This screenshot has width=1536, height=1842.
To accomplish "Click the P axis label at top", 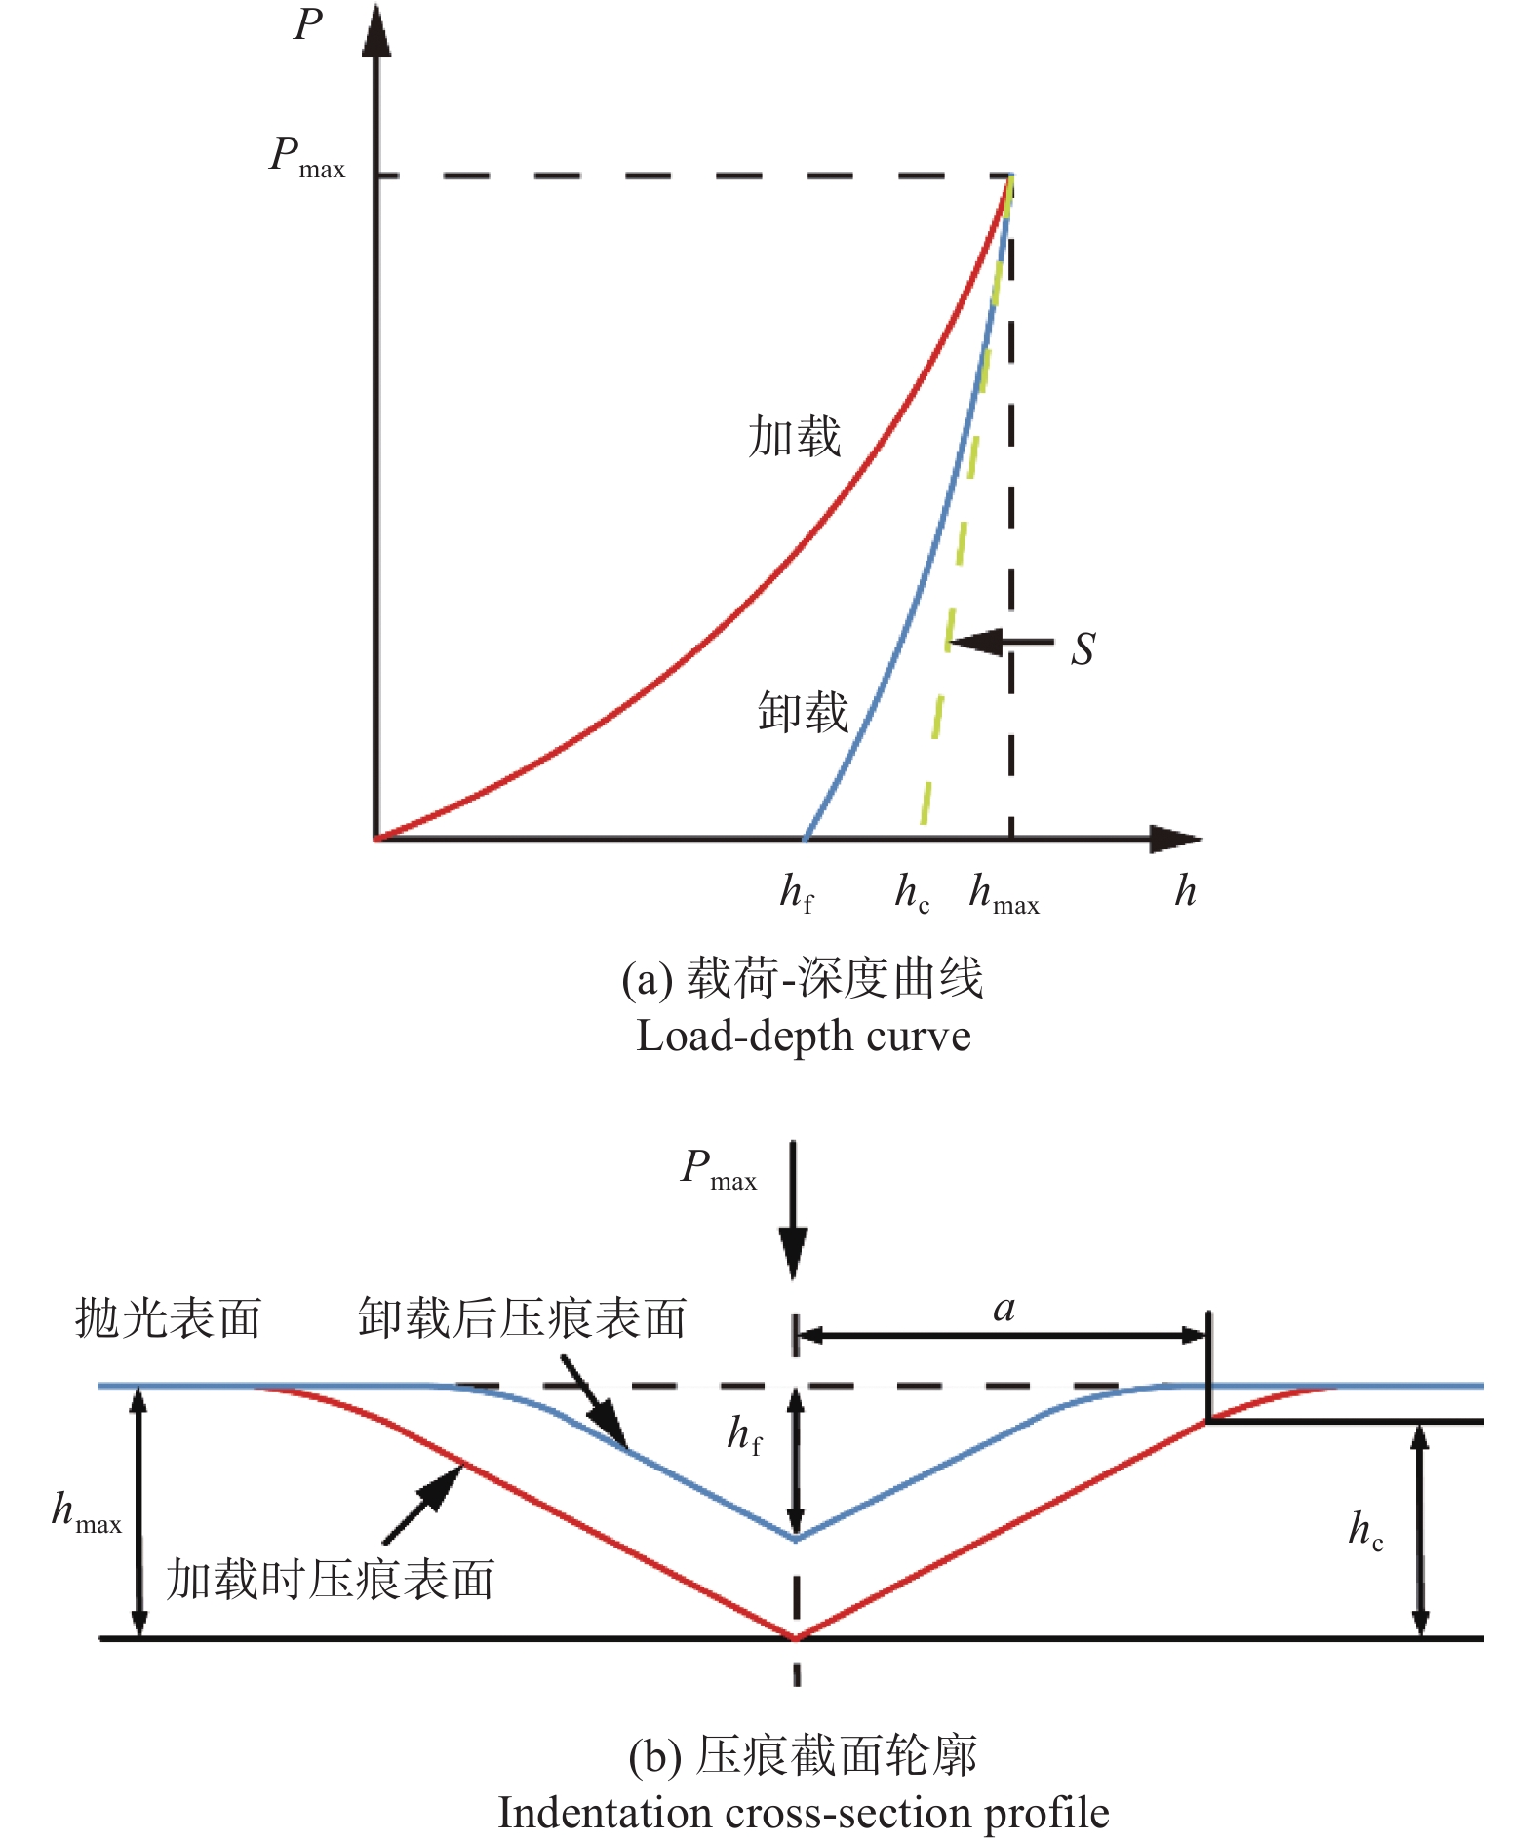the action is tap(308, 24).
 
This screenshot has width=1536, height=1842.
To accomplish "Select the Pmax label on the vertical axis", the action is tap(307, 157).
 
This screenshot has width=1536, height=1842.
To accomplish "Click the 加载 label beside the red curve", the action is tap(795, 436).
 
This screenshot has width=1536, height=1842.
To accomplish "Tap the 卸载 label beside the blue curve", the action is tap(804, 712).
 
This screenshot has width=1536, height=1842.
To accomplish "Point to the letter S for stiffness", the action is tap(1083, 648).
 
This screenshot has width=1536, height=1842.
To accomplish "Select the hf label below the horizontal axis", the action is tap(797, 892).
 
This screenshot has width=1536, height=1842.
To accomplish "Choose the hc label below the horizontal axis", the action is tap(913, 892).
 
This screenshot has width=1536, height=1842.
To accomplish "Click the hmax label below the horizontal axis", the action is tap(1004, 892).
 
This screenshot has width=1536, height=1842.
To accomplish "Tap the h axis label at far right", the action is tap(1185, 890).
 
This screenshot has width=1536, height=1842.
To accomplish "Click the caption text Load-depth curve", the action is tap(804, 1037).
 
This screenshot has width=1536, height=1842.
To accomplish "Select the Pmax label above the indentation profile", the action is tap(719, 1168).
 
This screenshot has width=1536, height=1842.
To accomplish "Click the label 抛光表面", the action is tap(169, 1318).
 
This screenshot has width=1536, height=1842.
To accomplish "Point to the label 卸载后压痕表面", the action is tap(523, 1318).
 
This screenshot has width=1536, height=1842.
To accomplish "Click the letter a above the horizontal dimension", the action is tap(1004, 1309).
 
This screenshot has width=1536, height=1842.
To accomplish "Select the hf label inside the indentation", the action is tap(745, 1435).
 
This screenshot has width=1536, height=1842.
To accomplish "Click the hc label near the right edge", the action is tap(1366, 1530).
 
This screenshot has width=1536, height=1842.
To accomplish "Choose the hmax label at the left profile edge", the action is tap(87, 1512).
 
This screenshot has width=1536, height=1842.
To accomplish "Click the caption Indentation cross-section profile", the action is tap(804, 1814).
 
